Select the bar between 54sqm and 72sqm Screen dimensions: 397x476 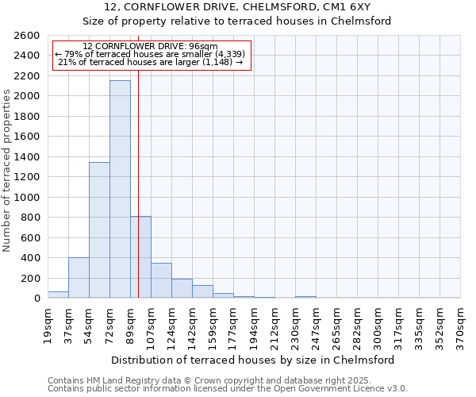99,230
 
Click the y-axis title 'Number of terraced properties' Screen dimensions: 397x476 8,171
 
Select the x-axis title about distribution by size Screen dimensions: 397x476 254,360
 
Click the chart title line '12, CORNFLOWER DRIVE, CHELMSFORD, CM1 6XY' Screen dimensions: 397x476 254,7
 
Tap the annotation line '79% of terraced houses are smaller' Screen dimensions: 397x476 151,54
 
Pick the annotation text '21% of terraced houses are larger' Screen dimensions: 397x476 151,63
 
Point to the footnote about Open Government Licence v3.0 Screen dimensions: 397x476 228,389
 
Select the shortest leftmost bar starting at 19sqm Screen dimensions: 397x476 58,295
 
